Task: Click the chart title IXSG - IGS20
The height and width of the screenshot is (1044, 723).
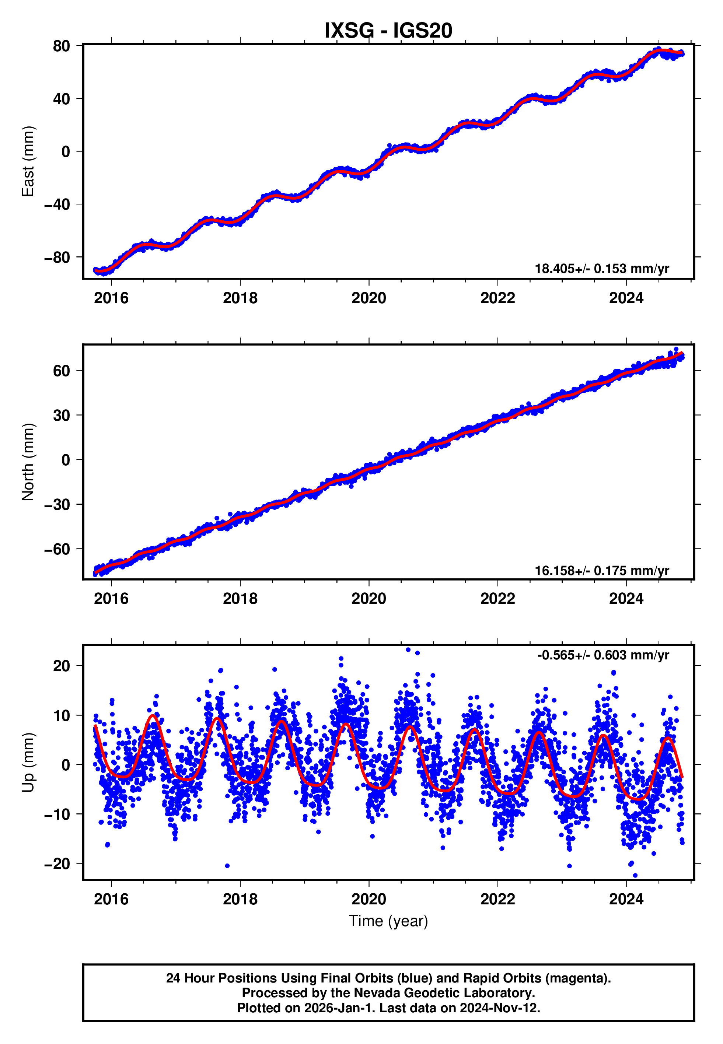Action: (x=388, y=31)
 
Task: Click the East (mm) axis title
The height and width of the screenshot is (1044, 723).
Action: (x=28, y=161)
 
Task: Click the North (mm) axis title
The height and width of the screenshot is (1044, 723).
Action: (x=28, y=462)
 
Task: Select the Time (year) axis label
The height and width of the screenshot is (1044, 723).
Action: (x=388, y=921)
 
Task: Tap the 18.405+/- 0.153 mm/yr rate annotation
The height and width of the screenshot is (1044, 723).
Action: (x=602, y=269)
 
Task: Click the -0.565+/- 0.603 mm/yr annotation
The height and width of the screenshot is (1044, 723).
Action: (x=603, y=655)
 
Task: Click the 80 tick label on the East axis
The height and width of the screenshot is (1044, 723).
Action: (x=61, y=46)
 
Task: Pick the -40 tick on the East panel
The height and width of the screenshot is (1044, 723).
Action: (x=57, y=204)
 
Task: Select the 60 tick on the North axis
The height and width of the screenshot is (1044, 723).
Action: (x=61, y=371)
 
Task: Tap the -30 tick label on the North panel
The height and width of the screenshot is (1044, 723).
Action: (x=57, y=504)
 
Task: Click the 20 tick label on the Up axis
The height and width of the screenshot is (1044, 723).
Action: (x=61, y=666)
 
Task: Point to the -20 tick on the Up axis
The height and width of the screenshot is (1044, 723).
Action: (x=57, y=864)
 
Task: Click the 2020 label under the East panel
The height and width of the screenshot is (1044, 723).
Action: (x=369, y=298)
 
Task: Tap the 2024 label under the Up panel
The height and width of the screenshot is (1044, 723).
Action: (x=626, y=899)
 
